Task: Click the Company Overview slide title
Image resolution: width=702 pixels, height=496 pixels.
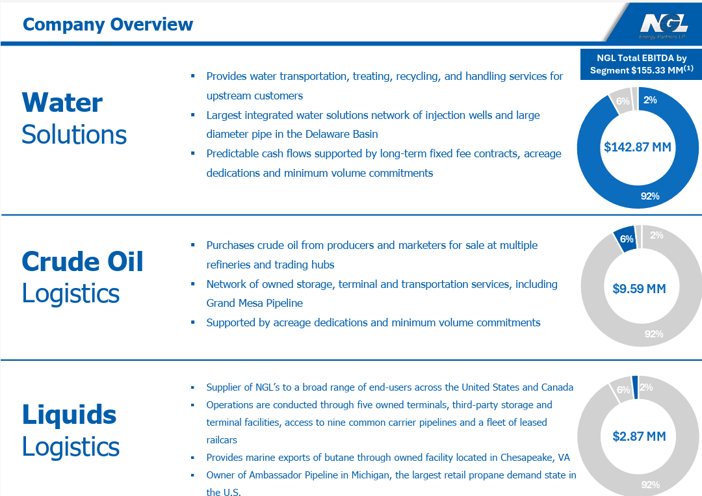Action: (x=108, y=25)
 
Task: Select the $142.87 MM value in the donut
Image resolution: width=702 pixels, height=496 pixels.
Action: (x=637, y=147)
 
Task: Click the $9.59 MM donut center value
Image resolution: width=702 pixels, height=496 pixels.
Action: (x=639, y=289)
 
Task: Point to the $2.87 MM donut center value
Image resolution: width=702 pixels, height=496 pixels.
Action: (x=639, y=436)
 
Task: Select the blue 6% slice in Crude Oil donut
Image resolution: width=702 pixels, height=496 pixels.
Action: (x=626, y=239)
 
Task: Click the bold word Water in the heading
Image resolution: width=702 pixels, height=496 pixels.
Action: (x=62, y=103)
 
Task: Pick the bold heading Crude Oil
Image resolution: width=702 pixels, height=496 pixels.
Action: (x=83, y=261)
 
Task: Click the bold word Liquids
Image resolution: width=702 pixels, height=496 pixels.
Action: (x=69, y=414)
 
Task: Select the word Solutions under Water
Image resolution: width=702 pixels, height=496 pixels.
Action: (x=74, y=135)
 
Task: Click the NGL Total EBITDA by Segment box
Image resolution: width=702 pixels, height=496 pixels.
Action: (x=641, y=64)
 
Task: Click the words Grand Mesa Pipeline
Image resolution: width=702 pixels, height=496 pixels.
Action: (x=254, y=303)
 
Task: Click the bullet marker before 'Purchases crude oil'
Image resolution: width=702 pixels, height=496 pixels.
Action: (x=192, y=245)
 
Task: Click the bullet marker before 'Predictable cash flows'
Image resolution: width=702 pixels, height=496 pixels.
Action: (x=192, y=153)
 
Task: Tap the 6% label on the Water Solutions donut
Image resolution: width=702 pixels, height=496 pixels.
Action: (x=623, y=101)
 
